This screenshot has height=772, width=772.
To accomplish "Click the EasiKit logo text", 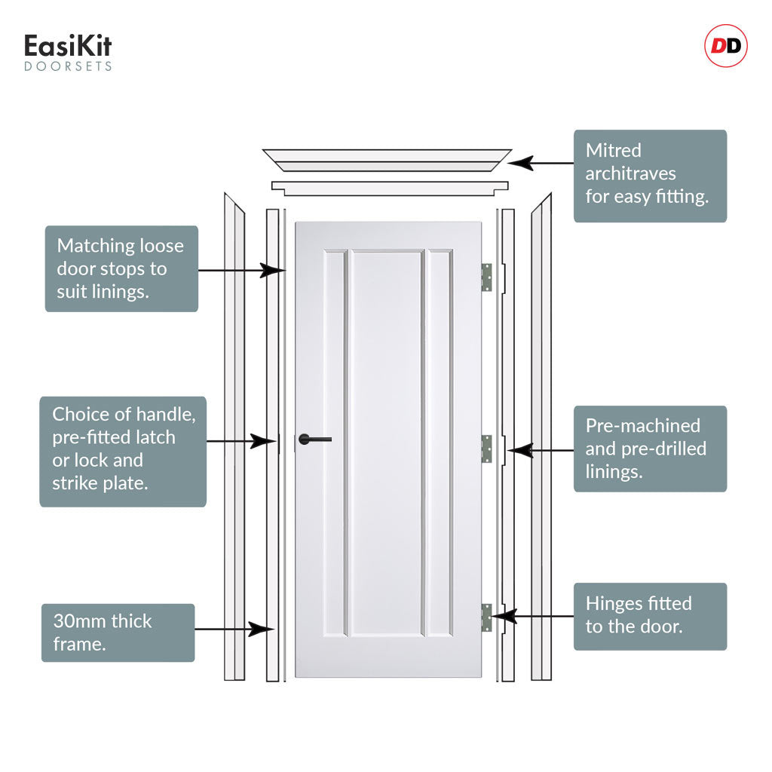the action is (x=68, y=46).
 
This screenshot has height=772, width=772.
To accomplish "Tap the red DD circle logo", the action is (x=726, y=46).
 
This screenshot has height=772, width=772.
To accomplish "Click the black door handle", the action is (x=314, y=440).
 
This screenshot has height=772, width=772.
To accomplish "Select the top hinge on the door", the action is (x=486, y=277).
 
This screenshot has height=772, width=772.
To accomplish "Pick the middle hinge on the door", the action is (x=486, y=449).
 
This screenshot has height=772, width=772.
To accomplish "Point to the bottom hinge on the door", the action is (x=486, y=618).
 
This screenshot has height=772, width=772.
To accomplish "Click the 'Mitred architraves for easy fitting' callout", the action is (x=650, y=176).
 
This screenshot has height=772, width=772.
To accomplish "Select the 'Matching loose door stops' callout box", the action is (x=121, y=269).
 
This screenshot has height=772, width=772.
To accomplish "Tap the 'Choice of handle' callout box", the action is (x=123, y=452).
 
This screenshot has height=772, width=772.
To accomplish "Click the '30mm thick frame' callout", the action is (x=118, y=633).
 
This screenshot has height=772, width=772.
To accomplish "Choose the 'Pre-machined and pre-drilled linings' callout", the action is (x=650, y=449).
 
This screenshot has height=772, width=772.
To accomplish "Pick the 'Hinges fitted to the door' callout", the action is (x=650, y=617).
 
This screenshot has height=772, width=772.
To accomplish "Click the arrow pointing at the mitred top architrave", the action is (x=541, y=163).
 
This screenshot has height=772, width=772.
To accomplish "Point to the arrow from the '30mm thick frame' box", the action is (x=234, y=630).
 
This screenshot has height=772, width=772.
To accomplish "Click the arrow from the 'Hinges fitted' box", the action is (x=533, y=616).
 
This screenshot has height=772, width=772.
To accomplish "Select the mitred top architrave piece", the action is (x=387, y=161).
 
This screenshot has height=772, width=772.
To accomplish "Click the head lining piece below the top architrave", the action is (x=390, y=188).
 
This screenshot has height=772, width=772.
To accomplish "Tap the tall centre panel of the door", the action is (x=387, y=443).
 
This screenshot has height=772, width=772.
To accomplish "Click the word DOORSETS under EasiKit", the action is (x=68, y=66).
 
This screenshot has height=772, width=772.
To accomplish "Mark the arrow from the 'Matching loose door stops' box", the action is (x=242, y=271).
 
